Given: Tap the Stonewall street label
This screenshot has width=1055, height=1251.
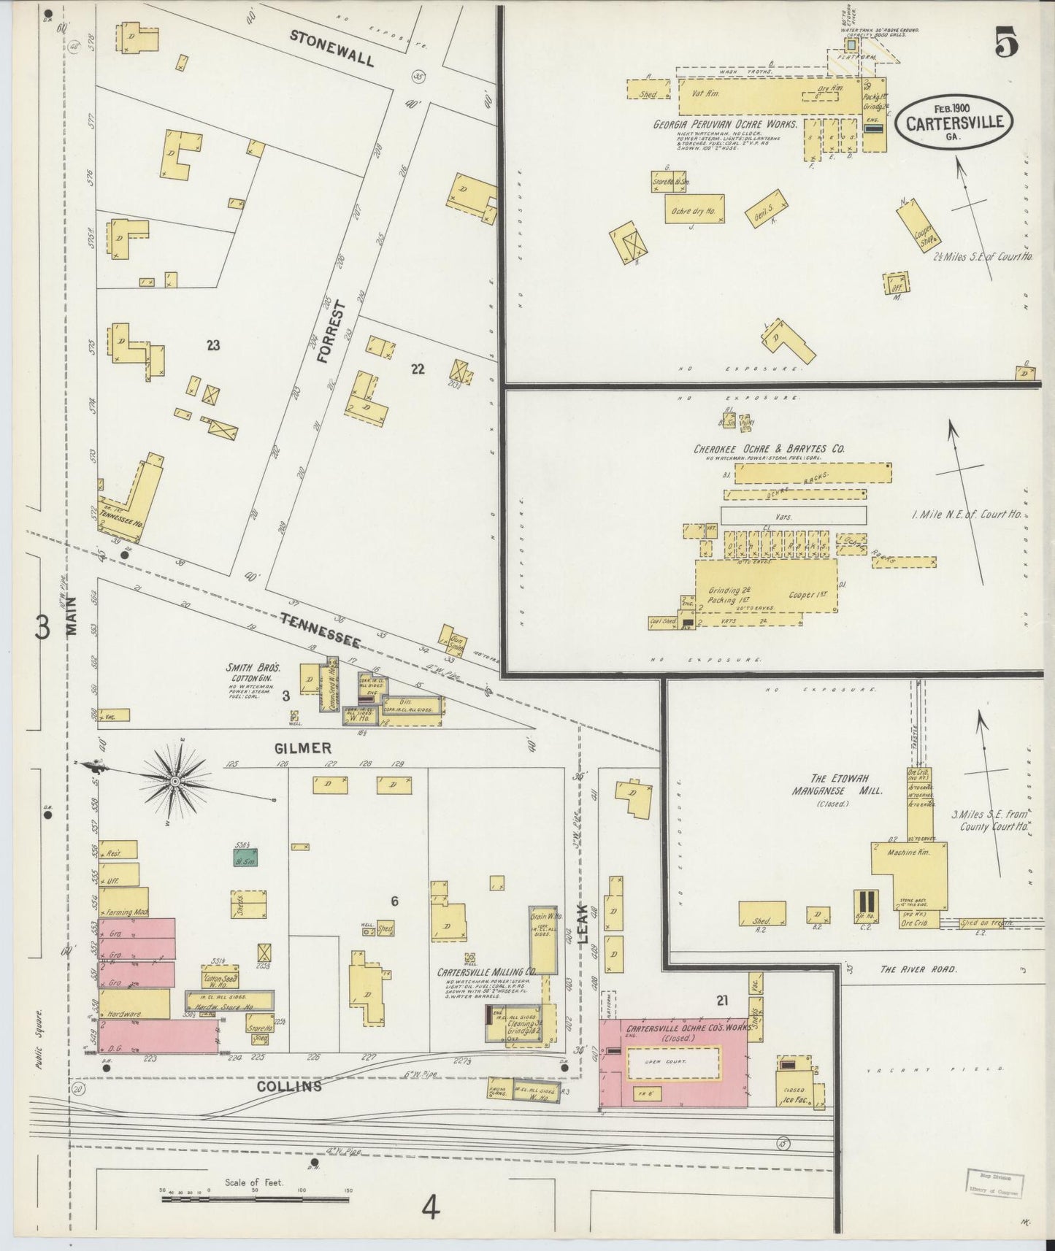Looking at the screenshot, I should [x=331, y=48].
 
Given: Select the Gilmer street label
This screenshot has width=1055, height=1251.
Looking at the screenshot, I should [x=303, y=748].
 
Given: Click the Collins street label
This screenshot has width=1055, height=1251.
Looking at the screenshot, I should [x=289, y=1087].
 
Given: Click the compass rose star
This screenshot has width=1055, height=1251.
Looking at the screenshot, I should [x=174, y=782].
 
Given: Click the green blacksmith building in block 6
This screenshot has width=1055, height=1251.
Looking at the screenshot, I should [x=245, y=858].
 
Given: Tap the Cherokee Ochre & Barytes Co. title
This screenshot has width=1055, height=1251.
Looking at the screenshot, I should [x=769, y=449].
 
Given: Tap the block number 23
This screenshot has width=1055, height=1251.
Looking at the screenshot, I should [x=212, y=345].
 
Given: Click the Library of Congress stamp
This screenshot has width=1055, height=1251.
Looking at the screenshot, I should [x=995, y=1182].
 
